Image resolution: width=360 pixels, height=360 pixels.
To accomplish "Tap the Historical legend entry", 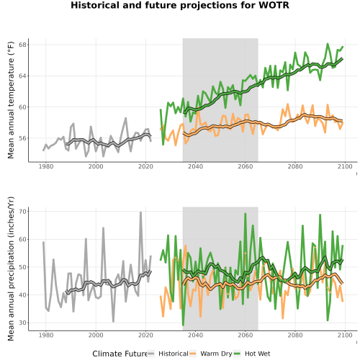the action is pyautogui.click(x=168, y=354).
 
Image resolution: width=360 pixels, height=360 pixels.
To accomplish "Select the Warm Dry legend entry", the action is pyautogui.click(x=211, y=354).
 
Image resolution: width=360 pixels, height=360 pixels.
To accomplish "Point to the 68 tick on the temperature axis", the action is pyautogui.click(x=22, y=45).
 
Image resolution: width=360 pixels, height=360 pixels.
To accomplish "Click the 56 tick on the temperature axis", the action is pyautogui.click(x=22, y=138).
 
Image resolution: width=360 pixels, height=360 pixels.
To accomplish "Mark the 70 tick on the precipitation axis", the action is pyautogui.click(x=22, y=212).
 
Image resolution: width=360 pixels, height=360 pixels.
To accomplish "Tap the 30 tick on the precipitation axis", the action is pyautogui.click(x=22, y=323).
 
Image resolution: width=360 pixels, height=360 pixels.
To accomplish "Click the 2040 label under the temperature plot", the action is pyautogui.click(x=195, y=166).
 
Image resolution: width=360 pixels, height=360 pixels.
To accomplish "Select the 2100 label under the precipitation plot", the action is pyautogui.click(x=345, y=335).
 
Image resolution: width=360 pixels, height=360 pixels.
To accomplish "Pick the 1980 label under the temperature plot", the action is pyautogui.click(x=46, y=166).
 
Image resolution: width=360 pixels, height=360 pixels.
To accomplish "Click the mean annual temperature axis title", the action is pyautogui.click(x=11, y=100).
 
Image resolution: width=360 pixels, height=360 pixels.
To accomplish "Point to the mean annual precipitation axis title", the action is pyautogui.click(x=11, y=269).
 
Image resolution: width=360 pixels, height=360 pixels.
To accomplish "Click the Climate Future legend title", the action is pyautogui.click(x=120, y=354).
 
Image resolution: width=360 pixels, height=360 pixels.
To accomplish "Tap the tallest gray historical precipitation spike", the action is pyautogui.click(x=140, y=212).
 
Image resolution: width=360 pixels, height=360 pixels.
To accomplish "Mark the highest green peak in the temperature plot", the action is pyautogui.click(x=328, y=44).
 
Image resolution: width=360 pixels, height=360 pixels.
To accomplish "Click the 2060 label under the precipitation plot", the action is pyautogui.click(x=246, y=335).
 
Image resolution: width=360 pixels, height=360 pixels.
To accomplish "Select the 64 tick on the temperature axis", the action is pyautogui.click(x=22, y=76).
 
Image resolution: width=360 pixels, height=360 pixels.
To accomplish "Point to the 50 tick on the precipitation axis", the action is pyautogui.click(x=22, y=267).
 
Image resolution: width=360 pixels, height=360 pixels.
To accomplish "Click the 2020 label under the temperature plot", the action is pyautogui.click(x=145, y=166).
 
